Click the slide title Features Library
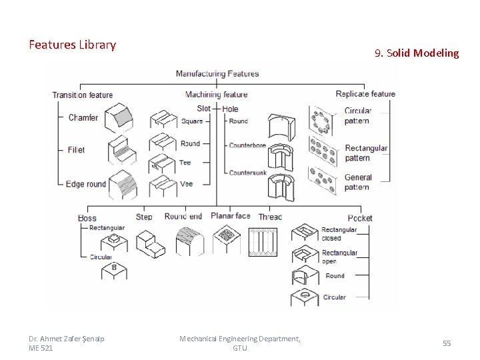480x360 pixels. [72, 45]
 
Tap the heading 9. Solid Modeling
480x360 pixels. [417, 53]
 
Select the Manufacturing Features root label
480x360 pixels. [217, 73]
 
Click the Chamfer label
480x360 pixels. [83, 118]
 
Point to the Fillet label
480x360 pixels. [76, 150]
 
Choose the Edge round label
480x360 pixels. [86, 184]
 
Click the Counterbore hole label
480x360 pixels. [247, 145]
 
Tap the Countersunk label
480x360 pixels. [247, 173]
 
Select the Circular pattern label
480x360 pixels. [358, 115]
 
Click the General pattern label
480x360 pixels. [358, 182]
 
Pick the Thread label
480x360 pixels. [270, 217]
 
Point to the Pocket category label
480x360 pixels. [360, 218]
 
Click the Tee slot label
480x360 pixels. [185, 163]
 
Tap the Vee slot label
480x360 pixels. [186, 184]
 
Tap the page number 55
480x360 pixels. [447, 343]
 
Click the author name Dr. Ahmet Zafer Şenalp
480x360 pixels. [67, 339]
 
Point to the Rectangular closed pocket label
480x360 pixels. [339, 233]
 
